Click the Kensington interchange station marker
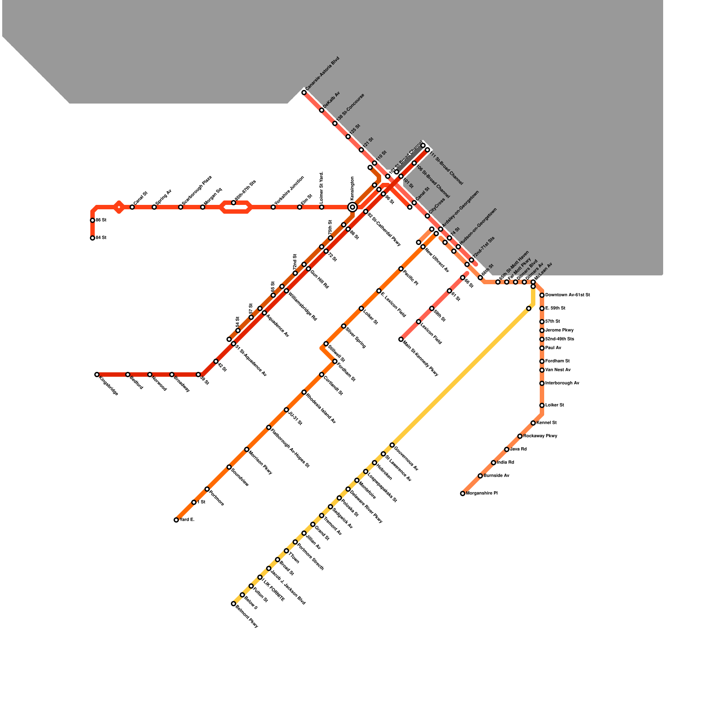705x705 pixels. pyautogui.click(x=352, y=207)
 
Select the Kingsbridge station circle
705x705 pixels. pyautogui.click(x=97, y=375)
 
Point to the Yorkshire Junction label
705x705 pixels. pyautogui.click(x=289, y=191)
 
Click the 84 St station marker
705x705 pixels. pyautogui.click(x=93, y=238)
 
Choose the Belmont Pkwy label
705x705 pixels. pyautogui.click(x=247, y=617)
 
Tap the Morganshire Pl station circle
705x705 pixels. pyautogui.click(x=463, y=493)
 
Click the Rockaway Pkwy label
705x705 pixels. pyautogui.click(x=540, y=436)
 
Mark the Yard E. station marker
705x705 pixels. pyautogui.click(x=176, y=520)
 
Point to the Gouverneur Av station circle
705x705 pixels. pyautogui.click(x=392, y=445)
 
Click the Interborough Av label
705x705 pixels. pyautogui.click(x=562, y=383)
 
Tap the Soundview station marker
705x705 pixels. pyautogui.click(x=229, y=467)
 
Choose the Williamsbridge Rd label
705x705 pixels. pyautogui.click(x=303, y=305)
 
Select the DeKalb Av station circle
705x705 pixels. pyautogui.click(x=322, y=110)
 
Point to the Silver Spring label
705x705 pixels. pyautogui.click(x=356, y=338)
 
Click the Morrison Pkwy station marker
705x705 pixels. pyautogui.click(x=247, y=449)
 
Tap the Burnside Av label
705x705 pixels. pyautogui.click(x=497, y=476)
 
